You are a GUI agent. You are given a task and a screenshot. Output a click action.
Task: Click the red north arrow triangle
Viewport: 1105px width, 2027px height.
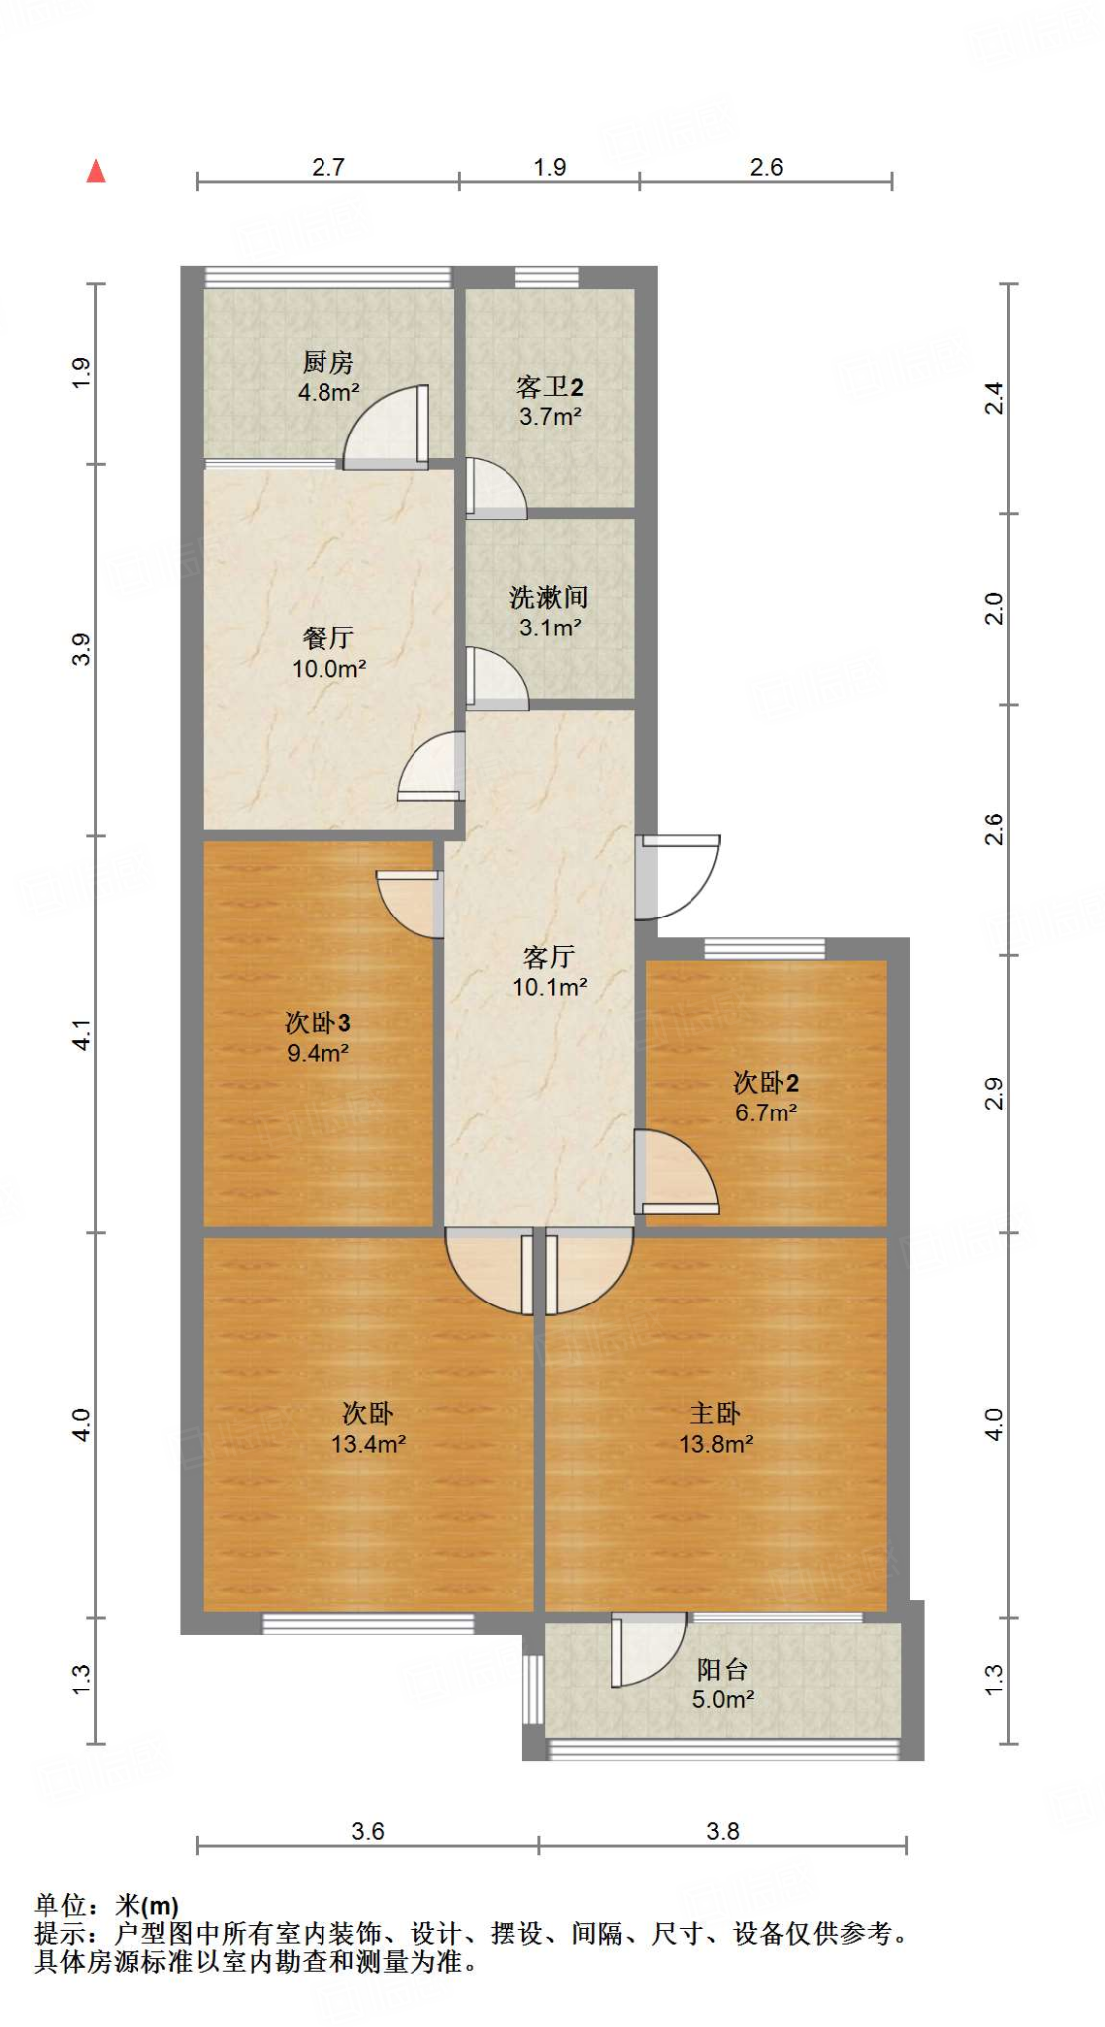click(x=96, y=172)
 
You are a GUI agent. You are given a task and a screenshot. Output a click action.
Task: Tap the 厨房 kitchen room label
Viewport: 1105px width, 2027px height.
click(x=327, y=362)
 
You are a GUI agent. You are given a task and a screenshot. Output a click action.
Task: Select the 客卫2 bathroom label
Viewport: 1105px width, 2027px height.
click(x=550, y=387)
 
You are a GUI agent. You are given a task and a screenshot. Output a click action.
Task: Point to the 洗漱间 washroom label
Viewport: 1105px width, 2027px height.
click(x=549, y=597)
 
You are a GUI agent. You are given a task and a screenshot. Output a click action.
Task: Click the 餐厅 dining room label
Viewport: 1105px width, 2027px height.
click(x=328, y=638)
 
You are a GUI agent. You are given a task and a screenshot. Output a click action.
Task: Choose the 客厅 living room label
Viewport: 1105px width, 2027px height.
click(x=549, y=957)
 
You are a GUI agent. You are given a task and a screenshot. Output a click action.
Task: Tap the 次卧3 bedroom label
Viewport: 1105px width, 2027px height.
click(x=318, y=1023)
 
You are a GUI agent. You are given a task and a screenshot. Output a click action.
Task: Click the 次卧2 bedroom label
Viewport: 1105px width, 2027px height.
click(x=766, y=1083)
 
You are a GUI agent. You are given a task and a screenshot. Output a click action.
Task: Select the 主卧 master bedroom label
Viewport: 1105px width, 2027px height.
click(x=715, y=1413)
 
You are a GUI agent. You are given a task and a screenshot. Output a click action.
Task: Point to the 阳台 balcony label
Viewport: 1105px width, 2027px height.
click(x=722, y=1670)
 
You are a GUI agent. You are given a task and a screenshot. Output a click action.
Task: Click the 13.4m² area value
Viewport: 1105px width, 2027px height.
click(x=368, y=1444)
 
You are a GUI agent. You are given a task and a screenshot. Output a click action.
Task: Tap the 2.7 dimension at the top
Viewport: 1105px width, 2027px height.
click(x=327, y=167)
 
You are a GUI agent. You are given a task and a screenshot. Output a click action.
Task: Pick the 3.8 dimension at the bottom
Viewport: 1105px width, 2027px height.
click(x=723, y=1831)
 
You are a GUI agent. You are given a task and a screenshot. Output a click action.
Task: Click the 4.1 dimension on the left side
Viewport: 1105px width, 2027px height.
click(x=82, y=1035)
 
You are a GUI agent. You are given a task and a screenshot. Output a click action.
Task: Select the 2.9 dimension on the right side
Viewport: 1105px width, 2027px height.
click(x=994, y=1094)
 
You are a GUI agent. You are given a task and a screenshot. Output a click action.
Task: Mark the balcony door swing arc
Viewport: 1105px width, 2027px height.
click(x=648, y=1650)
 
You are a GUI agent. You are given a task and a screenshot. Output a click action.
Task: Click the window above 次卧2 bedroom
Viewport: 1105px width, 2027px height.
click(x=765, y=949)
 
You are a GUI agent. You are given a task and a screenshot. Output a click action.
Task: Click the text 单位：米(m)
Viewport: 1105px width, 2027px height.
click(x=107, y=1905)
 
